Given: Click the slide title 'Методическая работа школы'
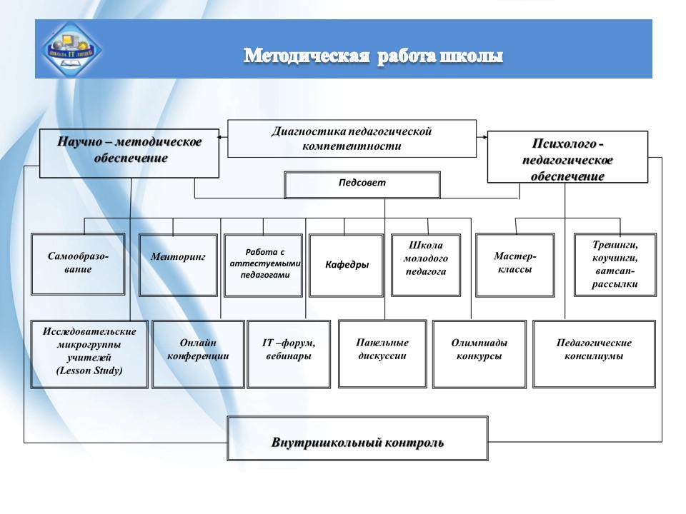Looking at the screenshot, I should [x=373, y=56].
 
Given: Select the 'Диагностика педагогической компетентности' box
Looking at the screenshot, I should [x=352, y=138].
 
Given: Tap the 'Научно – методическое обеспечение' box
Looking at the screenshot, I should [x=129, y=153].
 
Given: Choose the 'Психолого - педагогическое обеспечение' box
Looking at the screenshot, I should [x=567, y=157].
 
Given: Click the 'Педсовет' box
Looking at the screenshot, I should [x=362, y=184].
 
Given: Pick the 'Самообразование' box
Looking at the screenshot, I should [x=78, y=264].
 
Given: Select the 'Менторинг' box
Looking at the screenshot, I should [x=178, y=264].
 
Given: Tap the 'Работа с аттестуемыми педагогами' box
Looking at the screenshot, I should [x=263, y=265].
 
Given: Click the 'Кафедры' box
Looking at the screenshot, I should [x=347, y=265].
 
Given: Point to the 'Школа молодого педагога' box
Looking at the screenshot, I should [x=426, y=265].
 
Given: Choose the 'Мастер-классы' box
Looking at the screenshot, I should [x=514, y=264].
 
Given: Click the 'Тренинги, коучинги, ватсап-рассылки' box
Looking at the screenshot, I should [x=615, y=264].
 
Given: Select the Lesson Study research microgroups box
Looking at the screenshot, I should [x=89, y=353].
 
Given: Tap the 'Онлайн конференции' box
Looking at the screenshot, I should [x=198, y=353].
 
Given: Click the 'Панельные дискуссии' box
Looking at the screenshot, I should [x=382, y=353].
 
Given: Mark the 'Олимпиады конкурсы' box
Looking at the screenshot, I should [x=479, y=353].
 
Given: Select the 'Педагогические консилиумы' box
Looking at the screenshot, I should [x=594, y=353].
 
